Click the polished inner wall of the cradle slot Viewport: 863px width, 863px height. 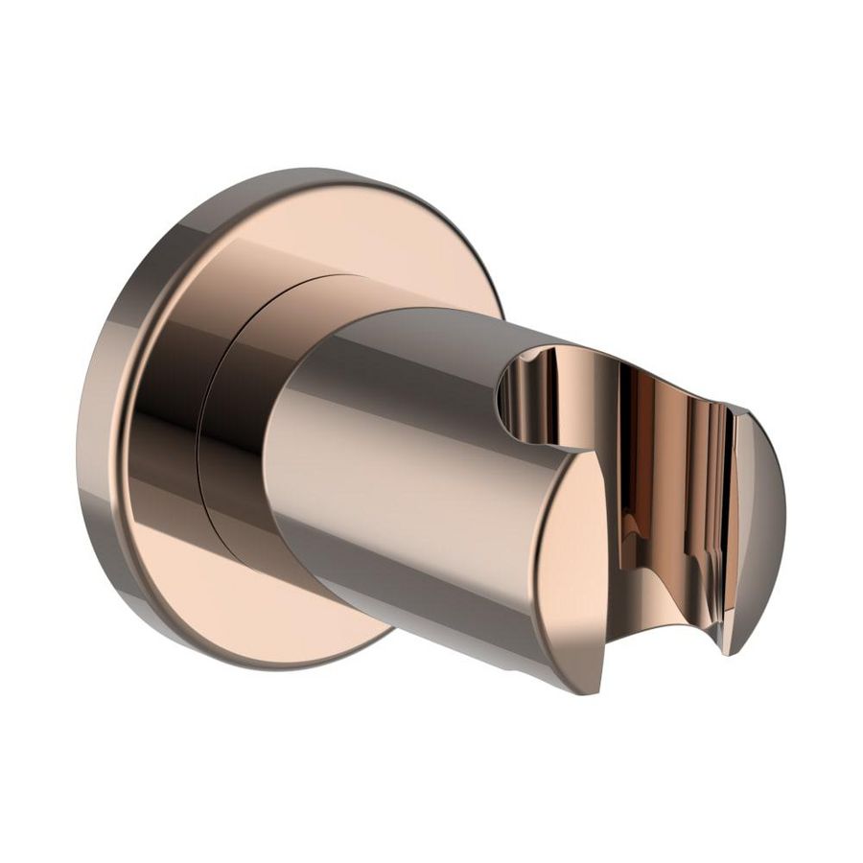coord(662,479)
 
